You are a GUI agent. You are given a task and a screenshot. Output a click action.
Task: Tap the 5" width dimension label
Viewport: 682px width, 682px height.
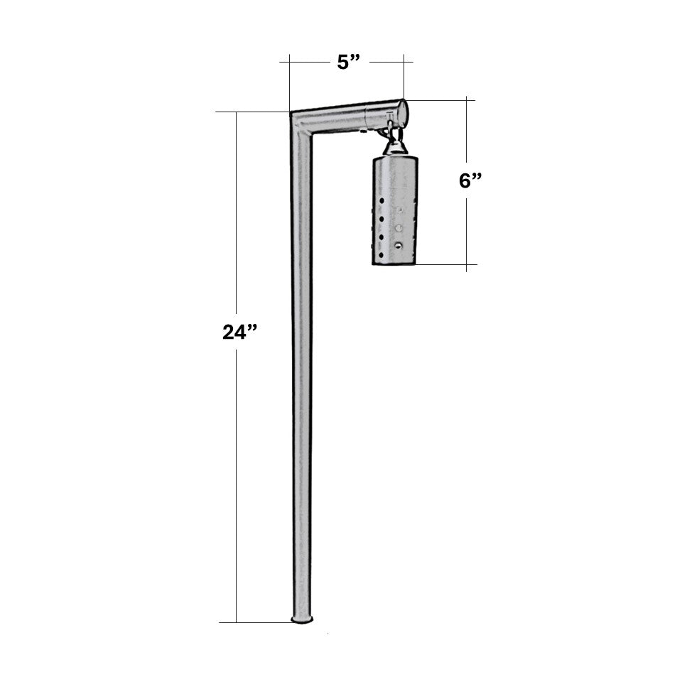tap(349, 63)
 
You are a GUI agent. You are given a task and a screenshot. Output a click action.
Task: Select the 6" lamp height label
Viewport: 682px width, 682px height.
tap(470, 180)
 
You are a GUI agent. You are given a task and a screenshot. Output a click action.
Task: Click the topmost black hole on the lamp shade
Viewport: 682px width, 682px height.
tap(381, 201)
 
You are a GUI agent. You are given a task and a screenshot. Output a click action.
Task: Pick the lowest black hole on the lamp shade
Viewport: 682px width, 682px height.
tap(381, 254)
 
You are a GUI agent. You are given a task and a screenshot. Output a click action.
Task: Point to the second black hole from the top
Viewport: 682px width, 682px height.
tap(381, 219)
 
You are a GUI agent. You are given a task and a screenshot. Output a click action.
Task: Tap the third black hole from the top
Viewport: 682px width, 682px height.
tap(381, 237)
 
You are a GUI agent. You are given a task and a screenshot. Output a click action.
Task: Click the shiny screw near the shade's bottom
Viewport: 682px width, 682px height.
tap(398, 246)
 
